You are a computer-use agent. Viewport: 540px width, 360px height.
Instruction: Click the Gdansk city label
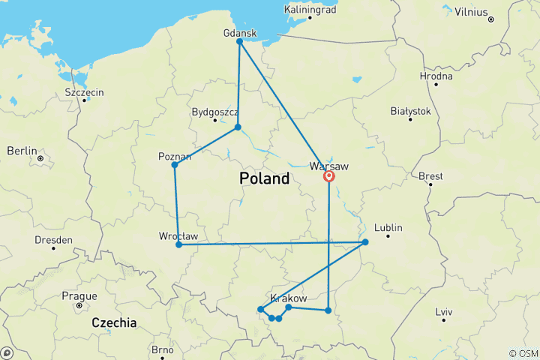pyautogui.click(x=240, y=33)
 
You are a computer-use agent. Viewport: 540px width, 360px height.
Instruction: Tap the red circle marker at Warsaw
pyautogui.click(x=328, y=177)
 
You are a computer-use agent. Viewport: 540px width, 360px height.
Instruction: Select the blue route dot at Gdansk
pyautogui.click(x=240, y=41)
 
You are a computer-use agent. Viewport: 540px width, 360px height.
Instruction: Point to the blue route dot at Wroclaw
pyautogui.click(x=178, y=244)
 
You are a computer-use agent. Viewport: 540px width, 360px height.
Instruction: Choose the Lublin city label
pyautogui.click(x=388, y=228)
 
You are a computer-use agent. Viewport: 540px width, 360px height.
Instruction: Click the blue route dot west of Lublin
pyautogui.click(x=365, y=242)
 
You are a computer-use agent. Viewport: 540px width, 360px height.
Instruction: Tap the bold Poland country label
pyautogui.click(x=264, y=179)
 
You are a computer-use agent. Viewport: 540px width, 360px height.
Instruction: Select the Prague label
pyautogui.click(x=80, y=295)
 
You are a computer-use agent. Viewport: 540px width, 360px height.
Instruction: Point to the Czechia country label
pyautogui.click(x=114, y=322)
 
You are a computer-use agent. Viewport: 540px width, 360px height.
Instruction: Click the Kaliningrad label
pyautogui.click(x=313, y=10)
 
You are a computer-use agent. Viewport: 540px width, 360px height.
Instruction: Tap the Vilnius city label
pyautogui.click(x=470, y=13)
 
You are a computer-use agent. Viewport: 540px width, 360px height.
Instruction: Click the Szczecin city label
pyautogui.click(x=84, y=92)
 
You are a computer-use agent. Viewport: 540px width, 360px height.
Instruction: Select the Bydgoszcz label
pyautogui.click(x=215, y=112)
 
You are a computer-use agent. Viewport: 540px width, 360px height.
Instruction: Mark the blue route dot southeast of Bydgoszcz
pyautogui.click(x=238, y=127)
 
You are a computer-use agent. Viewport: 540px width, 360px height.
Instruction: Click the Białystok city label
pyautogui.click(x=411, y=111)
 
